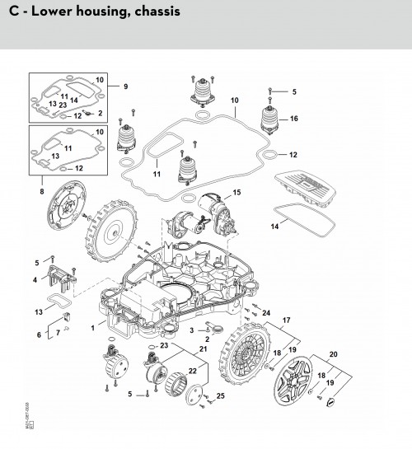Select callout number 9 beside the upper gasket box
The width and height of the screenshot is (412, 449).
pyautogui.click(x=126, y=87)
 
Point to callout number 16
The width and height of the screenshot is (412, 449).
pyautogui.click(x=293, y=119)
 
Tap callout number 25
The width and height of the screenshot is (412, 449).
pyautogui.click(x=220, y=397)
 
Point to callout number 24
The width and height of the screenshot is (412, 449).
pyautogui.click(x=265, y=312)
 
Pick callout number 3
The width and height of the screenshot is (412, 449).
pyautogui.click(x=191, y=330)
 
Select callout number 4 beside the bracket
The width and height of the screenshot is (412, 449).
pyautogui.click(x=35, y=280)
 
